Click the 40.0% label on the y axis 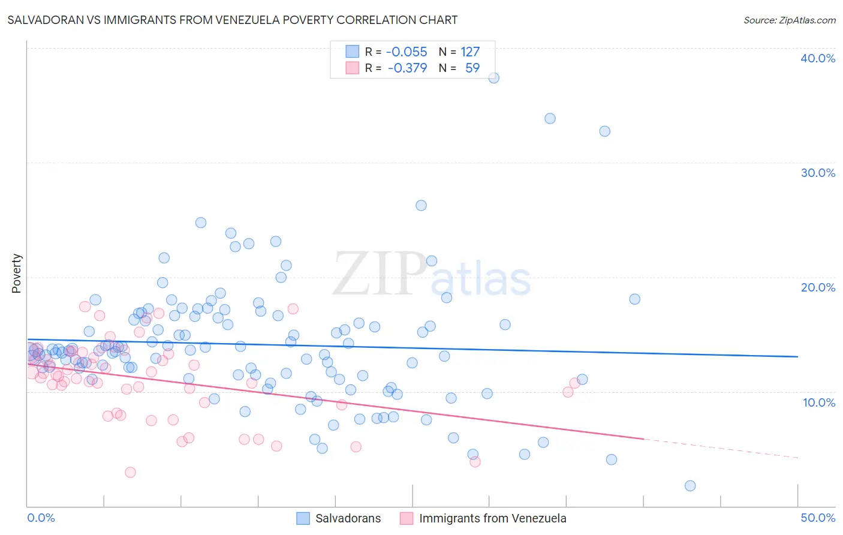click(818, 58)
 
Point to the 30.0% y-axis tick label click(818, 173)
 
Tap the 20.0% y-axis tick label click(818, 287)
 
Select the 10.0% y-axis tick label click(818, 402)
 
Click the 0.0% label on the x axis click(41, 518)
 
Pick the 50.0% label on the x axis click(818, 518)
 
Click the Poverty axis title click(16, 273)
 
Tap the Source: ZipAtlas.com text click(789, 20)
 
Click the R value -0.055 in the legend click(407, 52)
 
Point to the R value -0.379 click(407, 68)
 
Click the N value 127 click(470, 52)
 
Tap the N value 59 click(472, 68)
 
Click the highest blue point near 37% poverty click(493, 78)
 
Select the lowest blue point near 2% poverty click(690, 486)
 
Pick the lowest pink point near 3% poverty click(130, 473)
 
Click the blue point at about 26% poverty click(421, 206)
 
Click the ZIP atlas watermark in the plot click(432, 275)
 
